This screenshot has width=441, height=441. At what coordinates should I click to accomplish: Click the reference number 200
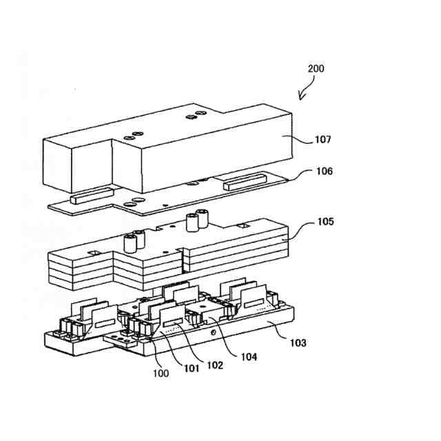316,69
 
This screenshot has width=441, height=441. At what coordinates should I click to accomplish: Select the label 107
322,139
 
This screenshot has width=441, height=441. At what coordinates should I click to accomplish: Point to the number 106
323,172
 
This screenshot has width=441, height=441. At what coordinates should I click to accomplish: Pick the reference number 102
215,366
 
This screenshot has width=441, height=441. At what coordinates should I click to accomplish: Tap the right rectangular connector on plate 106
242,182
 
